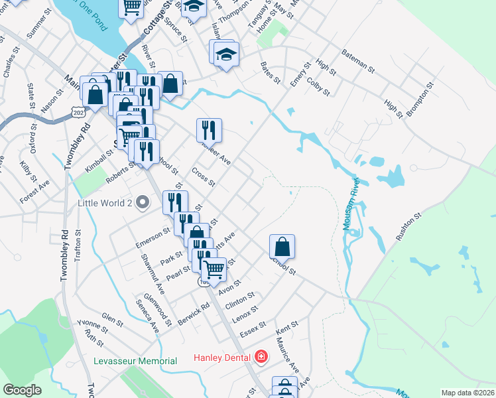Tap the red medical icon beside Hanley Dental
[261, 357]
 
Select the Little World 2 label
[106, 202]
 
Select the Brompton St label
[420, 99]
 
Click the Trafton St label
[78, 243]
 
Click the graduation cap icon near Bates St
[226, 53]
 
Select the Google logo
[22, 390]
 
